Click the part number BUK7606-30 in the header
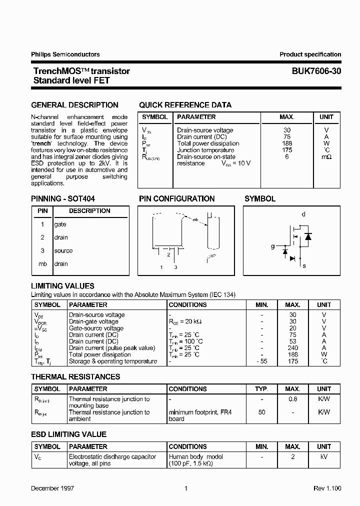click(x=316, y=71)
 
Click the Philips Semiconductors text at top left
click(x=65, y=54)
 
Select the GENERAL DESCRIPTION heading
click(x=75, y=105)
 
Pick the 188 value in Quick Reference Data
click(x=286, y=143)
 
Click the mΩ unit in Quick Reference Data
click(x=326, y=157)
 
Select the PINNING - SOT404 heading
click(x=63, y=198)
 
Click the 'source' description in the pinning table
click(x=63, y=250)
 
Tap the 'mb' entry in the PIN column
click(x=42, y=264)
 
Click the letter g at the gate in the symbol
click(x=273, y=246)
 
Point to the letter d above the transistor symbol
click(x=303, y=214)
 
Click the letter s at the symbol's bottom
click(x=304, y=266)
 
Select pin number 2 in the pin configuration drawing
click(x=168, y=254)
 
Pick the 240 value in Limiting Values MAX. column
click(x=293, y=348)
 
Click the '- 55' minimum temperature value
click(x=261, y=361)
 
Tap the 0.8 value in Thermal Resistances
click(x=293, y=399)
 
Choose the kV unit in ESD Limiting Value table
click(x=324, y=457)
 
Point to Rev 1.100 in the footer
click(x=327, y=488)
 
